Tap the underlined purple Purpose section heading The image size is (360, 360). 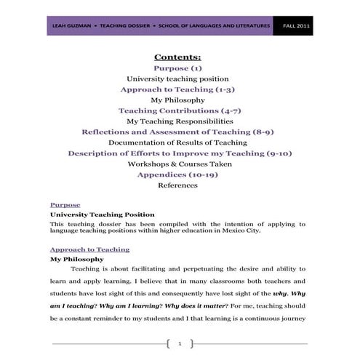pos(65,205)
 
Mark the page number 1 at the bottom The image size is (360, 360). pos(179,343)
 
